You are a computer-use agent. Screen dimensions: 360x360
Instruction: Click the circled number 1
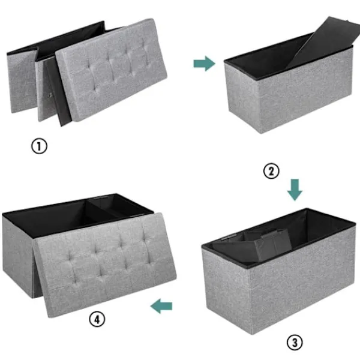point(39,146)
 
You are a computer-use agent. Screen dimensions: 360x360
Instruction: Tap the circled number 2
point(271,171)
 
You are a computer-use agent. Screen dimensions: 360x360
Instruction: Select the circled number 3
point(295,343)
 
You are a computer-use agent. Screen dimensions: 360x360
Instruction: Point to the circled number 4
point(97,319)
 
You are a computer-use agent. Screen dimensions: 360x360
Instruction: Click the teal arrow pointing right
point(205,64)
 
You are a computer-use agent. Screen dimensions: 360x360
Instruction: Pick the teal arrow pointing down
point(295,190)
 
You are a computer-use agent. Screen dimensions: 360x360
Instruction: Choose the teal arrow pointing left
point(161,306)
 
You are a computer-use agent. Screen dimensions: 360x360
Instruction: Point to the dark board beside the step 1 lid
point(58,92)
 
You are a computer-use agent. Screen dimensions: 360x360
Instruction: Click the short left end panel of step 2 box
point(242,97)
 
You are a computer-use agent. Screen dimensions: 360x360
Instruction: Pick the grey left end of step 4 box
point(19,255)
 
